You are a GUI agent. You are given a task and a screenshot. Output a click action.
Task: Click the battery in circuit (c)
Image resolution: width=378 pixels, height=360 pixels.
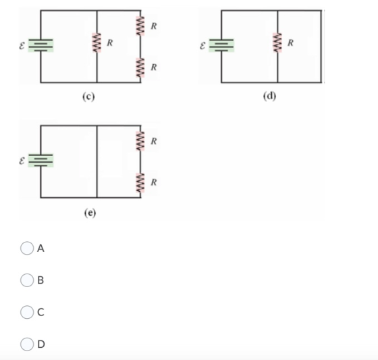click(x=40, y=45)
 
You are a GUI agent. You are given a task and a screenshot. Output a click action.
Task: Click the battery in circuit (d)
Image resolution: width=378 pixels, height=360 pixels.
click(x=221, y=45)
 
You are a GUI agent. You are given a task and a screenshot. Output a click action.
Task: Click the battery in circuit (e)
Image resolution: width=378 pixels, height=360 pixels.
click(x=40, y=161)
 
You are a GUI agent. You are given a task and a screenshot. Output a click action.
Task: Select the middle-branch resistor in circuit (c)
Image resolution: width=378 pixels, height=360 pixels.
click(x=97, y=43)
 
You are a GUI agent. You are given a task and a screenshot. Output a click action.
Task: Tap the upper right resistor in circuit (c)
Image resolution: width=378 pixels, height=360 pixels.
click(x=140, y=26)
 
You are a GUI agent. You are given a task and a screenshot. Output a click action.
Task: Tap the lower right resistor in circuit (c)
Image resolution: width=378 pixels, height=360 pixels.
click(x=140, y=68)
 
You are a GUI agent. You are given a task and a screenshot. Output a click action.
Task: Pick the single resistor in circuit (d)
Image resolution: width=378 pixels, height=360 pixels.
click(x=277, y=43)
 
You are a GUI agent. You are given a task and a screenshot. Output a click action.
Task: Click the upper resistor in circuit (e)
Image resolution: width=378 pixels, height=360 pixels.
click(x=140, y=141)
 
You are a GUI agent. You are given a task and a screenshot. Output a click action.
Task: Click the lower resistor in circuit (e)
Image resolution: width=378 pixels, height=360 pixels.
click(x=140, y=183)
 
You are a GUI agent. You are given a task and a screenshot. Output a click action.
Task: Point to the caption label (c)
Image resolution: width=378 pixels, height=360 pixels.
click(x=88, y=97)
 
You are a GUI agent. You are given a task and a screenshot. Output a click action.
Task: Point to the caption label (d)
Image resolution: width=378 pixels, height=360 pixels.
click(x=269, y=96)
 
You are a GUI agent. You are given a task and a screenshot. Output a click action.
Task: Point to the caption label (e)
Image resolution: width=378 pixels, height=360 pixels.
click(x=90, y=213)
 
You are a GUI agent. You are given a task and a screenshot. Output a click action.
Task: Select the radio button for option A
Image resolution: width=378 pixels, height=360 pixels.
click(x=27, y=248)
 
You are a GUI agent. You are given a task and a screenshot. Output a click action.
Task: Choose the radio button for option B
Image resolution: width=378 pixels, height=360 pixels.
click(x=27, y=280)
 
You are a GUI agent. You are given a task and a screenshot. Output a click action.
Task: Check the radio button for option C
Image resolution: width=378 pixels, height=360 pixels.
click(x=27, y=312)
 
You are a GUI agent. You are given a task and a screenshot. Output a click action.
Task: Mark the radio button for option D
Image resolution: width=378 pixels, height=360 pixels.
click(x=27, y=344)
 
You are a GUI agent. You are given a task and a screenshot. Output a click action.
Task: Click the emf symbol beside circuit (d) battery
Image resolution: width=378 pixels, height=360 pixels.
click(x=202, y=46)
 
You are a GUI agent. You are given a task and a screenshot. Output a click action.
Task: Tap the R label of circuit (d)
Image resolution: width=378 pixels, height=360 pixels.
click(x=290, y=43)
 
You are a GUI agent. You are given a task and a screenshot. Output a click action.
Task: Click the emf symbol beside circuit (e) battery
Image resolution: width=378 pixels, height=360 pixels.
click(x=22, y=161)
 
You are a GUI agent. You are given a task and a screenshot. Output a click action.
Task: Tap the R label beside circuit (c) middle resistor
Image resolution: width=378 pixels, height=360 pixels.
click(x=109, y=43)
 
